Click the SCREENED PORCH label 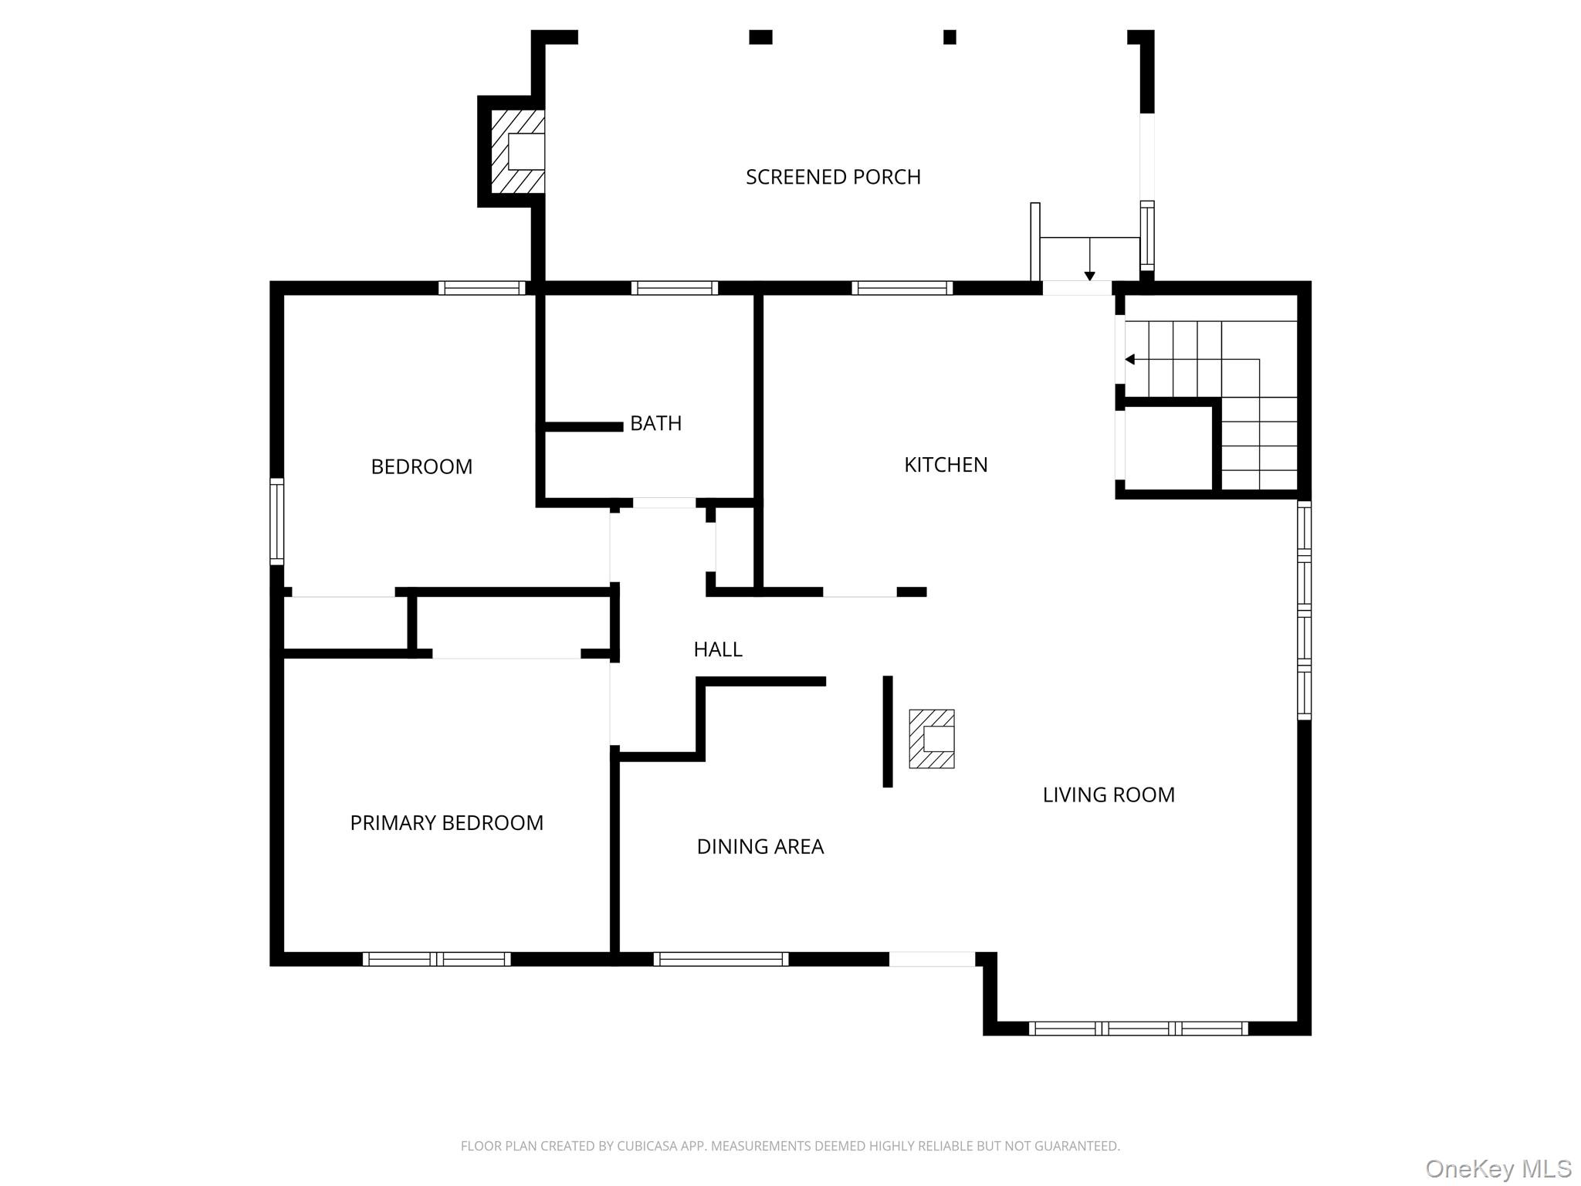point(833,177)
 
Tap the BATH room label point(655,423)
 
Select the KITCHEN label point(946,464)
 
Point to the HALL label point(718,649)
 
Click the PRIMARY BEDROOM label point(446,823)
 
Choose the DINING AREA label point(760,847)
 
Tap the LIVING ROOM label point(1109,795)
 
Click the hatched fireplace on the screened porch point(518,151)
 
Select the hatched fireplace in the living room point(932,739)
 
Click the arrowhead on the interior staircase point(1130,360)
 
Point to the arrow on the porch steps point(1089,259)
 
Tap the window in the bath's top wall point(675,288)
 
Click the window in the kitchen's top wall point(902,288)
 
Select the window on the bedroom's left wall point(276,521)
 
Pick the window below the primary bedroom point(437,959)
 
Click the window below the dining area point(721,959)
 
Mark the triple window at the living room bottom point(1139,1028)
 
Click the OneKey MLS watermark point(1498,1169)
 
